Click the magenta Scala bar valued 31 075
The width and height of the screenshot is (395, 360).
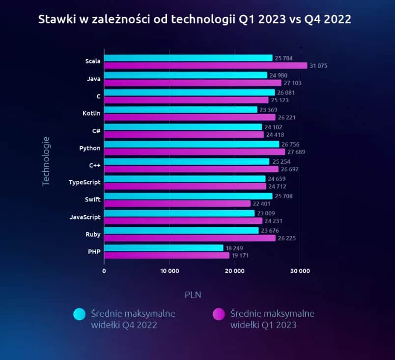pyautogui.click(x=205, y=65)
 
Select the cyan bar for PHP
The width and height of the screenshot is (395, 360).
pyautogui.click(x=164, y=248)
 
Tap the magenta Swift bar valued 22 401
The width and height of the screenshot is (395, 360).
pyautogui.click(x=177, y=204)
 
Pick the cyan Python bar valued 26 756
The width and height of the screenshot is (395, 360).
pyautogui.click(x=192, y=144)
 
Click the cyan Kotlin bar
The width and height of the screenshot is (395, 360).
pyautogui.click(x=181, y=110)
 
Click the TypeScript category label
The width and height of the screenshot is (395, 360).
pyautogui.click(x=85, y=182)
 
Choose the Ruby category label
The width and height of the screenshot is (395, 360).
pyautogui.click(x=93, y=235)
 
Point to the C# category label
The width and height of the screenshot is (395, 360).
pyautogui.click(x=96, y=131)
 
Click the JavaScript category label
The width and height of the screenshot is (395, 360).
pyautogui.click(x=85, y=217)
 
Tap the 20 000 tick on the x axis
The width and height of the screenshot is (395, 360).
pyautogui.click(x=234, y=271)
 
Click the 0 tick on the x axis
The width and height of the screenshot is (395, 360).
pyautogui.click(x=104, y=271)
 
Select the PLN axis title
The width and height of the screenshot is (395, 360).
pyautogui.click(x=193, y=295)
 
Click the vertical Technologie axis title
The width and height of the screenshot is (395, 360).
pyautogui.click(x=46, y=161)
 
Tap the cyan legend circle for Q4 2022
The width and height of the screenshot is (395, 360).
pyautogui.click(x=79, y=314)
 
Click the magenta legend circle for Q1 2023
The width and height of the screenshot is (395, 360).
pyautogui.click(x=218, y=314)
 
